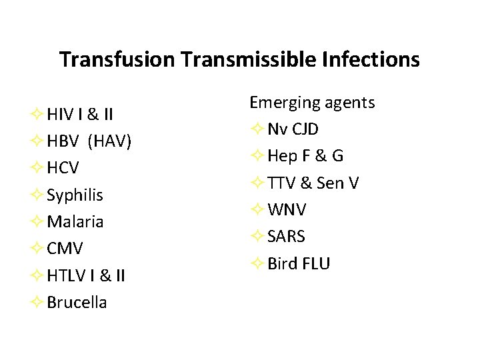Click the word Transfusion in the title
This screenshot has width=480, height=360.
tap(117, 60)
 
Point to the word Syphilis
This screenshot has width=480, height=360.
tap(75, 195)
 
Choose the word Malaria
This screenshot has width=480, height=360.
tap(75, 222)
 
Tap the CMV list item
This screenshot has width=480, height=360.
tap(65, 249)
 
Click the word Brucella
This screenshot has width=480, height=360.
tap(77, 302)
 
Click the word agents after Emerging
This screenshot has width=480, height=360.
tap(349, 103)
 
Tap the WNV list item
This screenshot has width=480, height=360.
tap(287, 210)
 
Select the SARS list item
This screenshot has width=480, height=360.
tap(287, 237)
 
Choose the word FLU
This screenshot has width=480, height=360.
tap(315, 263)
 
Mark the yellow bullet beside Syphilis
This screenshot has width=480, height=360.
tap(38, 195)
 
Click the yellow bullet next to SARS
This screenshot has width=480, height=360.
tap(258, 237)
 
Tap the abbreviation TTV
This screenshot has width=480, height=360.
tap(281, 183)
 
